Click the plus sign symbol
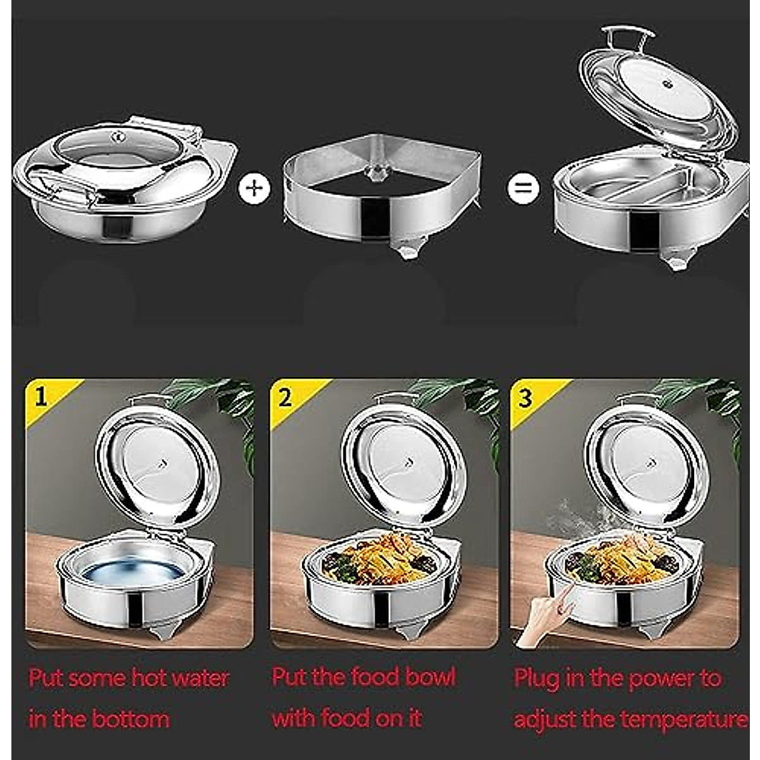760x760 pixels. click(x=254, y=189)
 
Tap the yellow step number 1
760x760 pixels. click(x=41, y=397)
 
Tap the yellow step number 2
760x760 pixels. click(x=285, y=397)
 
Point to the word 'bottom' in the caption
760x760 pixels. click(x=130, y=719)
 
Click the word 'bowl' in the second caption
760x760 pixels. click(x=430, y=677)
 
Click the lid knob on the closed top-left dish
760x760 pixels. click(x=118, y=136)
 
